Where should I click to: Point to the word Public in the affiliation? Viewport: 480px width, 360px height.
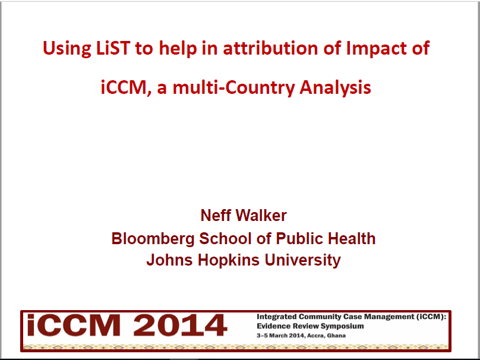[x=281, y=238]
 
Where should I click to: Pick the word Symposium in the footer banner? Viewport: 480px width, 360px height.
[x=340, y=326]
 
